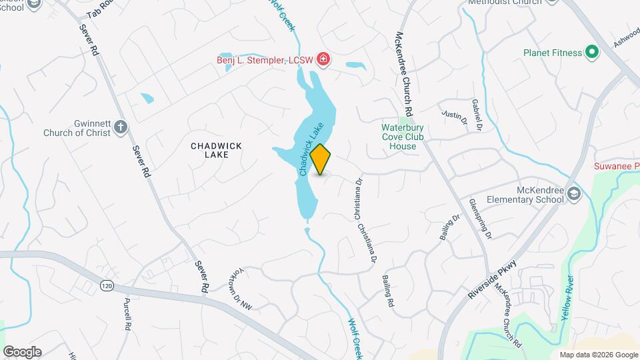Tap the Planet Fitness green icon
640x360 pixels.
pyautogui.click(x=591, y=52)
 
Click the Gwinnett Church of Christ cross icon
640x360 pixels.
pyautogui.click(x=121, y=127)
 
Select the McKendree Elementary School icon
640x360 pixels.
pyautogui.click(x=575, y=193)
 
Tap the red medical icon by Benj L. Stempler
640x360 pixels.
pyautogui.click(x=323, y=60)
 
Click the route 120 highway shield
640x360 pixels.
pyautogui.click(x=106, y=285)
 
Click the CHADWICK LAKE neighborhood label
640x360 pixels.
pyautogui.click(x=216, y=150)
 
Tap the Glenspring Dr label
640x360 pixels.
pyautogui.click(x=481, y=218)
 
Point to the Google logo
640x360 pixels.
pyautogui.click(x=22, y=351)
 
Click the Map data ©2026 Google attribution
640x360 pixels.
pyautogui.click(x=598, y=355)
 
